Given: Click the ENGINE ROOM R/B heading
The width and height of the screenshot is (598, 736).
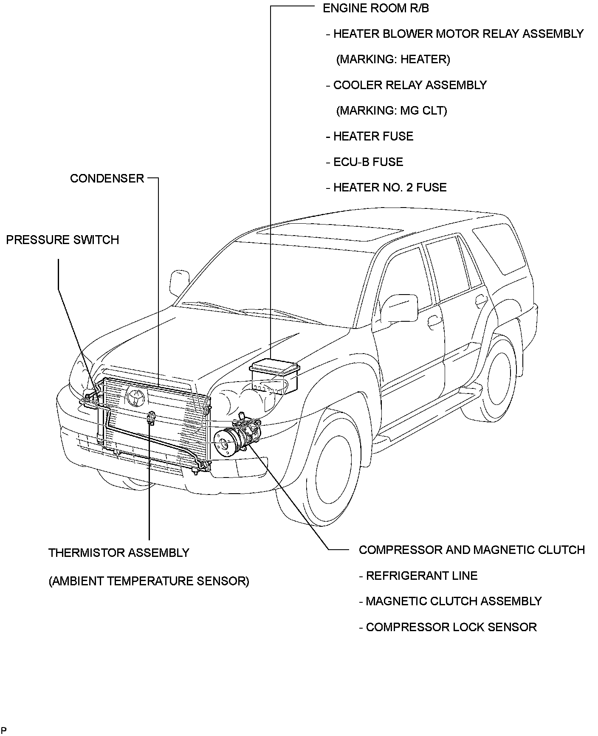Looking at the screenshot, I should [375, 8].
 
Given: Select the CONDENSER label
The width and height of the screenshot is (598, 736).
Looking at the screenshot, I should [107, 178].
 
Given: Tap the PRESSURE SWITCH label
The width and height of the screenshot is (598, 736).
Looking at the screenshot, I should [62, 240].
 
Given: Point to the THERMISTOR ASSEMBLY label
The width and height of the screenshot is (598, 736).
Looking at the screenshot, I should [118, 553].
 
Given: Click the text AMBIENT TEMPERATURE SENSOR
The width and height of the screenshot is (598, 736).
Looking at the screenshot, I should [149, 581].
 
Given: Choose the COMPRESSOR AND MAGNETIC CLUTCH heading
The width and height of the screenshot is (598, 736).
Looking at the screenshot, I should [471, 550].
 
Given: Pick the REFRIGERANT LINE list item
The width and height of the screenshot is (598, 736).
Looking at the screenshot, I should [421, 576].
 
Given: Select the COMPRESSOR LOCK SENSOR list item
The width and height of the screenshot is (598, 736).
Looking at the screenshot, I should [451, 627].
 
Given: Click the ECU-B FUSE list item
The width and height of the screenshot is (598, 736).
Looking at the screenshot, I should [368, 162].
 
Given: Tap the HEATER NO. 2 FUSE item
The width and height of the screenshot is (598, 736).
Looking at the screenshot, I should [389, 187].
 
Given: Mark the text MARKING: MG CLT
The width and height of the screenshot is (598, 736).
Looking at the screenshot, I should [392, 111].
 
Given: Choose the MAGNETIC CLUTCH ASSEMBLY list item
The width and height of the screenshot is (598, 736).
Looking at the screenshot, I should [453, 601].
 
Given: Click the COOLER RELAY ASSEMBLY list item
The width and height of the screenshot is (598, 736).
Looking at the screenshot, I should [410, 85].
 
